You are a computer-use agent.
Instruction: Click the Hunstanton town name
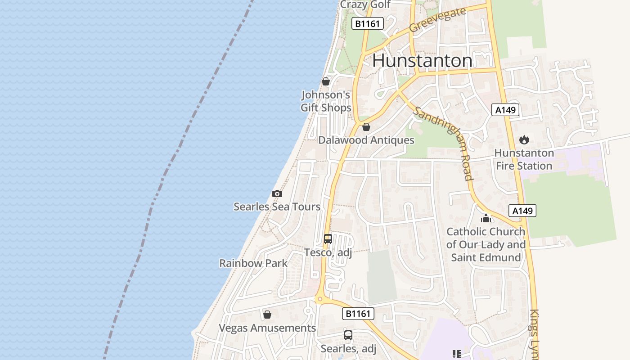click(x=423, y=61)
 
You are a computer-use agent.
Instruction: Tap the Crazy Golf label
click(x=365, y=4)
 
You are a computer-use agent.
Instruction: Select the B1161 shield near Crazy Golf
click(x=368, y=24)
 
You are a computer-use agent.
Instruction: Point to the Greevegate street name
click(x=437, y=20)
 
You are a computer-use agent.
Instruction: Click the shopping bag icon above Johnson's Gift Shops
click(x=326, y=81)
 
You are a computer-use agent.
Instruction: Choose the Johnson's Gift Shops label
click(x=326, y=101)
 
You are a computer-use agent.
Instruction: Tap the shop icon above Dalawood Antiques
click(x=366, y=127)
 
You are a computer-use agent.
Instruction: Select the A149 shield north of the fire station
click(x=505, y=110)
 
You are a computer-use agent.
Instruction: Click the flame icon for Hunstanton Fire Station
click(x=524, y=140)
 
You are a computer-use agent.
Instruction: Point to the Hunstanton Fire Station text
click(x=524, y=159)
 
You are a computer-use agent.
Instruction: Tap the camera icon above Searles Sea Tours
click(x=277, y=193)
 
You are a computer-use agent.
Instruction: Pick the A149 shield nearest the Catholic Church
click(x=522, y=211)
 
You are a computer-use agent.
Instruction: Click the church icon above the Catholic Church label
click(x=486, y=219)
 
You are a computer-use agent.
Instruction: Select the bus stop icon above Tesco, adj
click(x=328, y=239)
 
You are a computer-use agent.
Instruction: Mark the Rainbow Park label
click(x=253, y=263)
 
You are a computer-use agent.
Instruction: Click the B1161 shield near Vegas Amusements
click(x=358, y=314)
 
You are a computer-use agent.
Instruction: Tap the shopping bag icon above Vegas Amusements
click(x=267, y=315)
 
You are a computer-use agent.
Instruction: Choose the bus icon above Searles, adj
click(x=348, y=335)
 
